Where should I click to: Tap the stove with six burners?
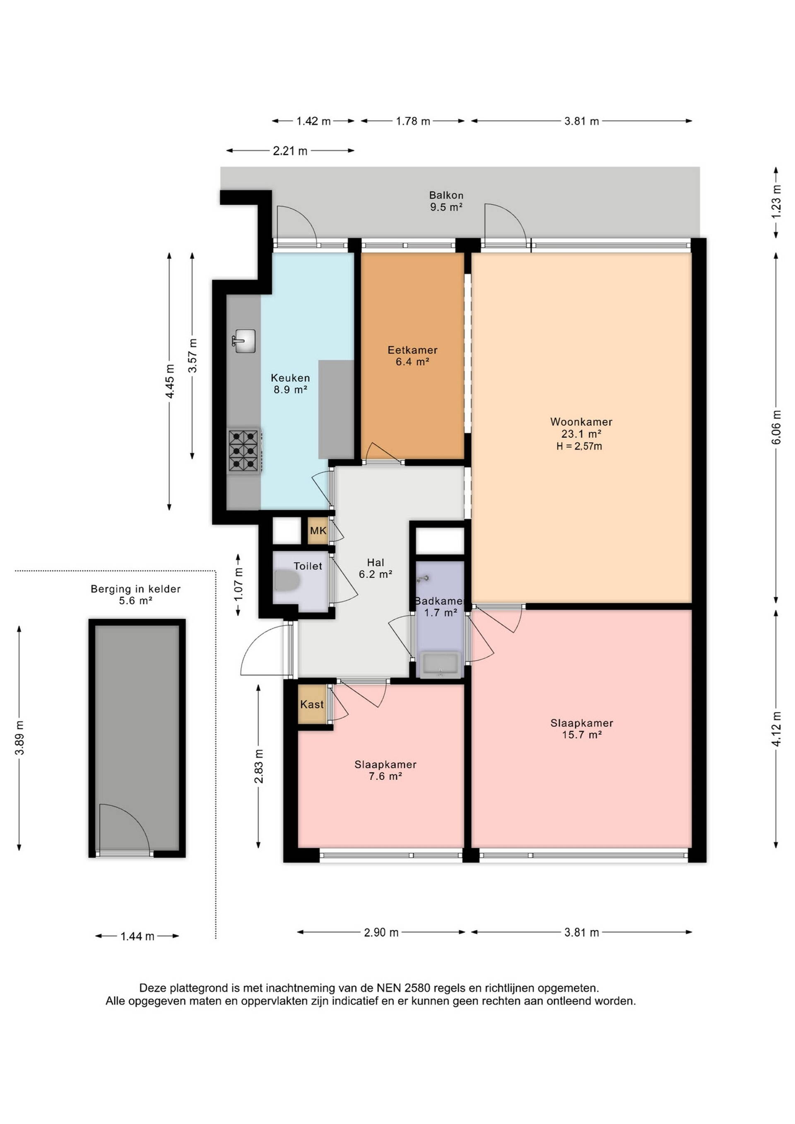[x=244, y=451]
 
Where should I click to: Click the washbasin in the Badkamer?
[x=440, y=665]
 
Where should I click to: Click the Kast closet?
[x=312, y=704]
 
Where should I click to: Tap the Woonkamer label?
[x=581, y=422]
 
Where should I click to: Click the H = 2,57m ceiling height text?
[x=579, y=446]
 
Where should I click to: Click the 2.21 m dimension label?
[x=290, y=151]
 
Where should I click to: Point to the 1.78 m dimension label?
[x=413, y=121]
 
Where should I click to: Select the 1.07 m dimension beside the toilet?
[x=238, y=584]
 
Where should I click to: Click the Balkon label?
[x=446, y=195]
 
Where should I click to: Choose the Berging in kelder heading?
[x=135, y=589]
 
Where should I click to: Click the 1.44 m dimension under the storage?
[x=137, y=936]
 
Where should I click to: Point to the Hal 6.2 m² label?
[x=376, y=568]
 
